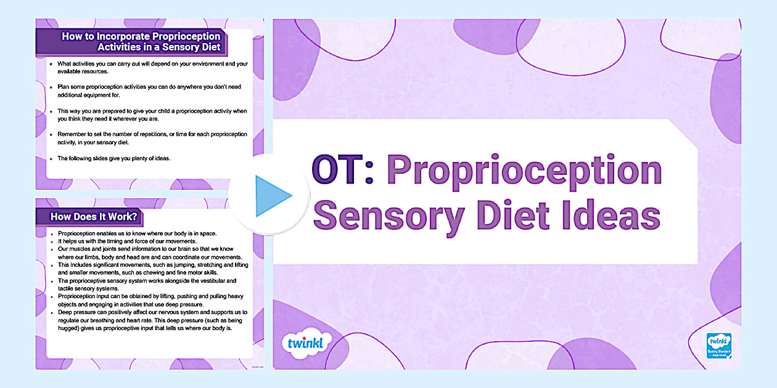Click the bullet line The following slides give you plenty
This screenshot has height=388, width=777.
point(113,158)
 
